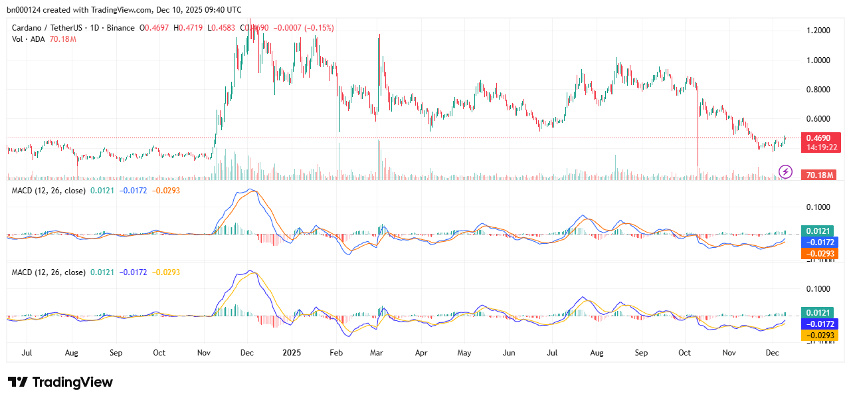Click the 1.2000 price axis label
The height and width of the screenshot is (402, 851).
pos(817,31)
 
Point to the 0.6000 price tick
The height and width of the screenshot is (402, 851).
pos(817,119)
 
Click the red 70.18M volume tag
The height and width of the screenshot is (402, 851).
pos(820,175)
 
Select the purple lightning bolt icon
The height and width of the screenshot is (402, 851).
pos(785,172)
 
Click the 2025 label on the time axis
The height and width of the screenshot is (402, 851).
pos(292,352)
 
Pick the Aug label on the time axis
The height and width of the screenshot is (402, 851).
pos(72,352)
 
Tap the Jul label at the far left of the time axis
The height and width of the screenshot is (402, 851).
pos(28,352)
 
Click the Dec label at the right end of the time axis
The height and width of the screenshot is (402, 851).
pos(772,352)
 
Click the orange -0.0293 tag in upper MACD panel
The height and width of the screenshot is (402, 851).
pos(820,253)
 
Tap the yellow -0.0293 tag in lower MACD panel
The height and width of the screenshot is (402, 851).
pos(820,335)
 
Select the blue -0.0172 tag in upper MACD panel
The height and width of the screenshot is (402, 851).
pos(820,242)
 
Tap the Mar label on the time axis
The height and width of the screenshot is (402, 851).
pos(377,352)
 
